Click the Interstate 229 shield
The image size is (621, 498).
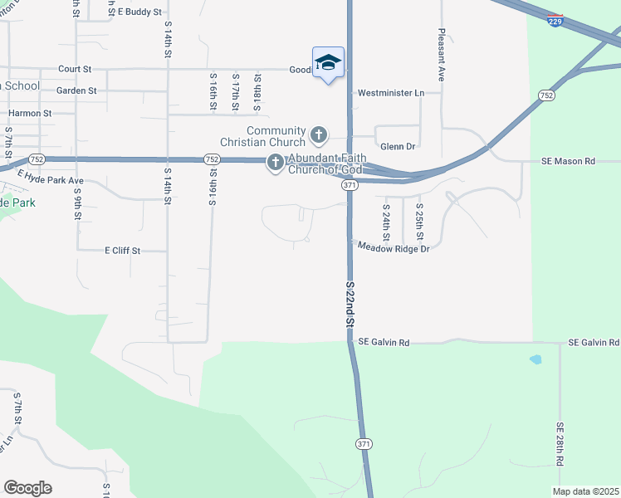coord(555,21)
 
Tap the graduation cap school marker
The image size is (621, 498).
coord(328,63)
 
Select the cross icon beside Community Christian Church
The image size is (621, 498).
coord(318,134)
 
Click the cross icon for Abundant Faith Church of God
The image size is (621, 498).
coord(276,164)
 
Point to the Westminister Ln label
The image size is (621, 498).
coord(390,93)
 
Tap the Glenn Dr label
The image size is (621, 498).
coord(397,146)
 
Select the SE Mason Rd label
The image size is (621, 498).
coord(568,161)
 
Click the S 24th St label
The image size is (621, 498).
coord(387,217)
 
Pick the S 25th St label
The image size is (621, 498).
coord(420,217)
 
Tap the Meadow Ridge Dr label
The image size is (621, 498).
coord(394,248)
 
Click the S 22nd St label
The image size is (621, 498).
coord(350,303)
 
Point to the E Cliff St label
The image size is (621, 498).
coord(123,250)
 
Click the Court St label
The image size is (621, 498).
coord(75,69)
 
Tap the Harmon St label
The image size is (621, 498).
coord(30,113)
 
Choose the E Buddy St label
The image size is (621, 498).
coord(139,12)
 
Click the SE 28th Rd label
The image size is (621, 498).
coord(560,443)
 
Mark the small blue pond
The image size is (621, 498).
coord(535,360)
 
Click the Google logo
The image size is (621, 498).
coord(27,488)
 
